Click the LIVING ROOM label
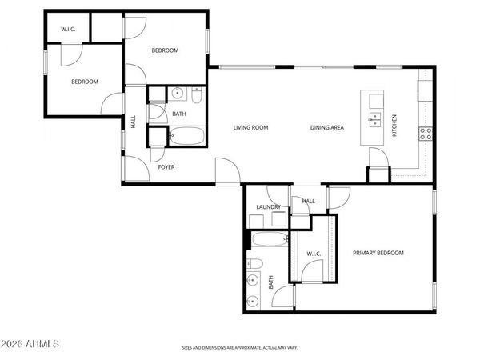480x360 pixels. point(250,128)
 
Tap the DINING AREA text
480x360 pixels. point(327,128)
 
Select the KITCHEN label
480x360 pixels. point(394,126)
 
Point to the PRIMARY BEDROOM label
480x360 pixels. point(378,253)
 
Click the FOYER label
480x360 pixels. point(166,167)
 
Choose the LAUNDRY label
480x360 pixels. point(268,207)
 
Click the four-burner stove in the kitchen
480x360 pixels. point(426,133)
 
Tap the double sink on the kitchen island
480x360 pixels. point(374,121)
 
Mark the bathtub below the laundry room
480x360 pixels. point(268,239)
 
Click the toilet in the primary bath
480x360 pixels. point(254,265)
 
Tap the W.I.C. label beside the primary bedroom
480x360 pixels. point(314,254)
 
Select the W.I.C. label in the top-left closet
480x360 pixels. point(68,30)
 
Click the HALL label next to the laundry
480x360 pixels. point(309,202)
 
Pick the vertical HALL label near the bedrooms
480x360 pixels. point(134,122)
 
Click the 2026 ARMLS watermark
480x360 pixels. point(31,344)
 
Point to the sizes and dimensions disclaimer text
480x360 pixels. point(239,348)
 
